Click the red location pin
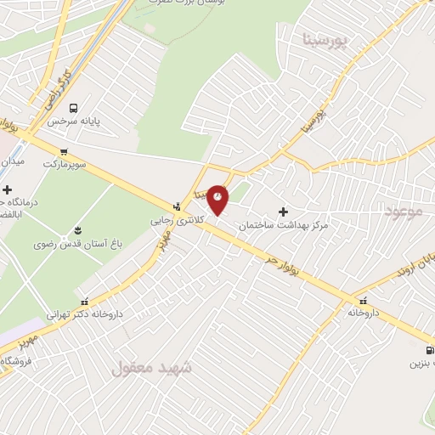tap(218, 199)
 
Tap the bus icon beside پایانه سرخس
tap(74, 109)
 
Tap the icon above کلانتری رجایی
tap(177, 206)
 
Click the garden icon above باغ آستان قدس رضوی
tap(79, 230)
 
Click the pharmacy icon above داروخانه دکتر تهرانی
tap(83, 299)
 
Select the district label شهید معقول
tap(153, 368)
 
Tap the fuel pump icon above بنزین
tap(429, 350)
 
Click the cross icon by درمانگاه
tap(8, 189)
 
